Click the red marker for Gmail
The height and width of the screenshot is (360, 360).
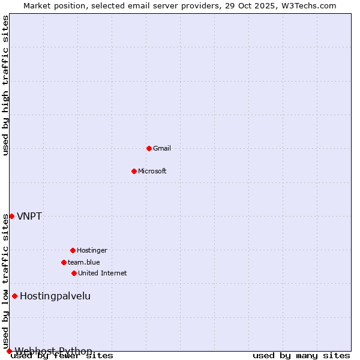pos(149,148)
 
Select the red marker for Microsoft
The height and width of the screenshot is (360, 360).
pos(134,171)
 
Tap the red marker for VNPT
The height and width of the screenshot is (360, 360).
pos(11,216)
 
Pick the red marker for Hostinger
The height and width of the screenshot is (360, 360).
pos(73,250)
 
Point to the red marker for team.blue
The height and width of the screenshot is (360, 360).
pos(64,262)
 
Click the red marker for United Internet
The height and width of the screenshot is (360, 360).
pos(74,273)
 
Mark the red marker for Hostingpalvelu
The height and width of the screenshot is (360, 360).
pos(14,296)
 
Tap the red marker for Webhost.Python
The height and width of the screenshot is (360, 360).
pos(9,351)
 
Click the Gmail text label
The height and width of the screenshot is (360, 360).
pos(162,148)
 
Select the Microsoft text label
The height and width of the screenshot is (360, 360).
pos(152,171)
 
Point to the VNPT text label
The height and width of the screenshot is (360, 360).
pos(29,216)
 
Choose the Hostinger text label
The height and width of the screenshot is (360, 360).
pos(92,250)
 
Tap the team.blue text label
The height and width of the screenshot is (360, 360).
pos(84,262)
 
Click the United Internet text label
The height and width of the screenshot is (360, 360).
pos(103,273)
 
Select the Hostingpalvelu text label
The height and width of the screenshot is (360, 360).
pos(55,296)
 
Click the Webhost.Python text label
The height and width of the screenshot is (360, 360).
pos(53,351)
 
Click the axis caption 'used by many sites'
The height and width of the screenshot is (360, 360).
pos(301,356)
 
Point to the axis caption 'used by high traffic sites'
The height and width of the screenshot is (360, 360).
pos(6,85)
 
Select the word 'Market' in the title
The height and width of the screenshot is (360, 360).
pos(38,5)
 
